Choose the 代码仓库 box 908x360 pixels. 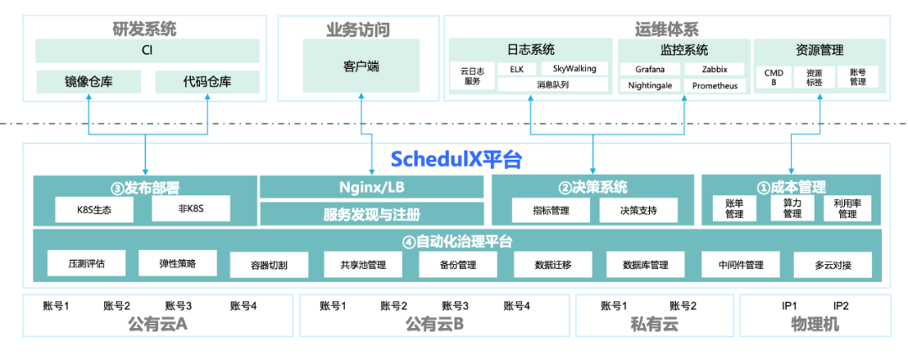point(206,82)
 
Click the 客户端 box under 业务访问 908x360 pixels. point(372,66)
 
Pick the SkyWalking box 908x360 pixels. point(569,68)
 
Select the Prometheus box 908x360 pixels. point(715,85)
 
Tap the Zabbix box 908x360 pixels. point(715,68)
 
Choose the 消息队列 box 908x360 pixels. point(552,84)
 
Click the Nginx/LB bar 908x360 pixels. point(372,187)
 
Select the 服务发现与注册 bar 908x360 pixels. point(372,214)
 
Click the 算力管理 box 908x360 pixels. point(792,209)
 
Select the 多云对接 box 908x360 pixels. point(832,265)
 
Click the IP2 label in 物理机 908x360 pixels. point(841,306)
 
